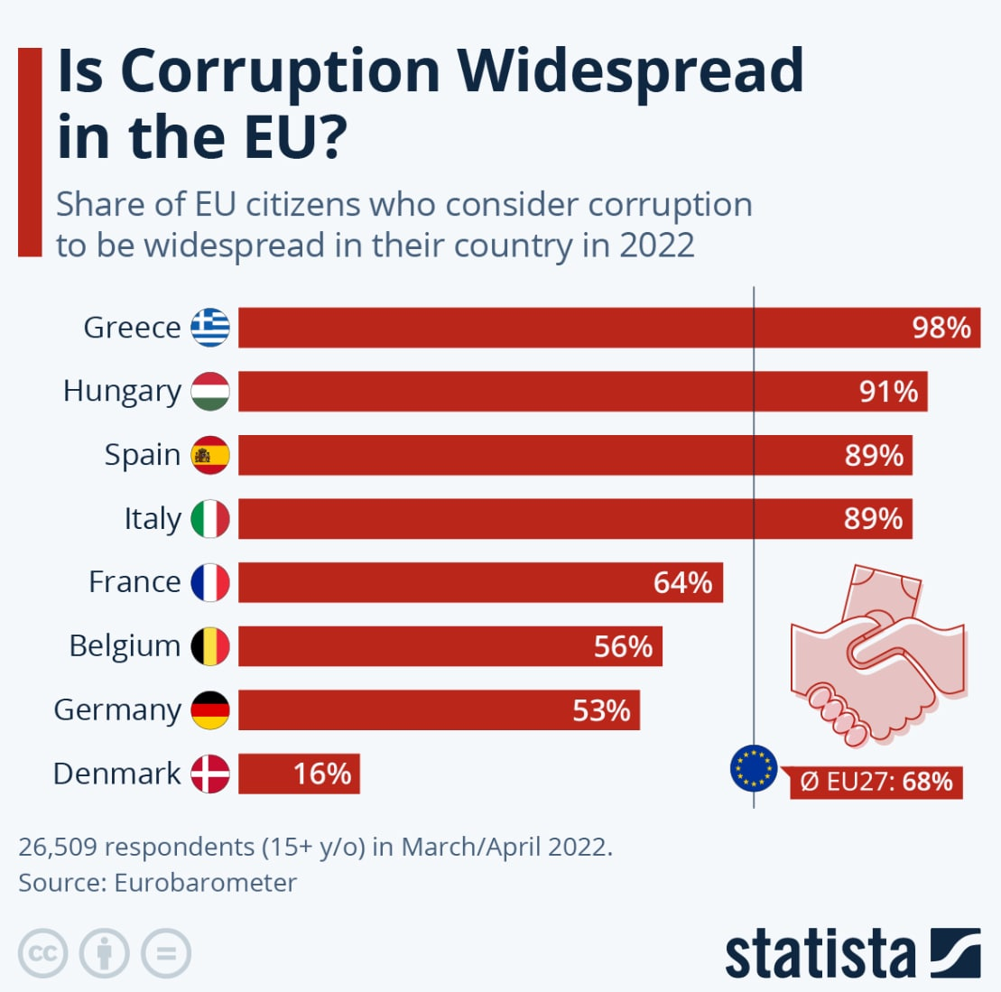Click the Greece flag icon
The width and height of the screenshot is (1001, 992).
click(210, 328)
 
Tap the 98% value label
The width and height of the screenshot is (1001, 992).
click(941, 328)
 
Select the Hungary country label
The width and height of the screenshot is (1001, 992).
click(122, 392)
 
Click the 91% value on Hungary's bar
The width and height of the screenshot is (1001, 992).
click(888, 392)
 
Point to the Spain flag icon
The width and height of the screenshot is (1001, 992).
click(210, 455)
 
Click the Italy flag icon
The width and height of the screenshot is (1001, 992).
click(210, 519)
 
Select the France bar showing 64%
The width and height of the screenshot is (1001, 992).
click(480, 582)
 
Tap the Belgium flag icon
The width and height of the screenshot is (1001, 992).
click(210, 646)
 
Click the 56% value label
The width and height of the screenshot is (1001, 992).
click(623, 646)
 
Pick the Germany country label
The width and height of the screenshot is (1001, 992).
click(117, 710)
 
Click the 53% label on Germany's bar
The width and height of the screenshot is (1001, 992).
click(601, 710)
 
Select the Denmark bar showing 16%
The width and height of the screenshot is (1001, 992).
click(299, 774)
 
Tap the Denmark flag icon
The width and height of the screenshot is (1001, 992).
click(210, 774)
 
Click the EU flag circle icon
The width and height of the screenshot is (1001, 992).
click(753, 769)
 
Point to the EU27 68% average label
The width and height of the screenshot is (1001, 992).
click(876, 781)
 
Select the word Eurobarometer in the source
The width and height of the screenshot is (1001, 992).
click(205, 882)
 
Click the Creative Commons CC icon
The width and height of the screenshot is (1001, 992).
click(42, 953)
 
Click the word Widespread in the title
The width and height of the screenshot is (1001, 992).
click(629, 70)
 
